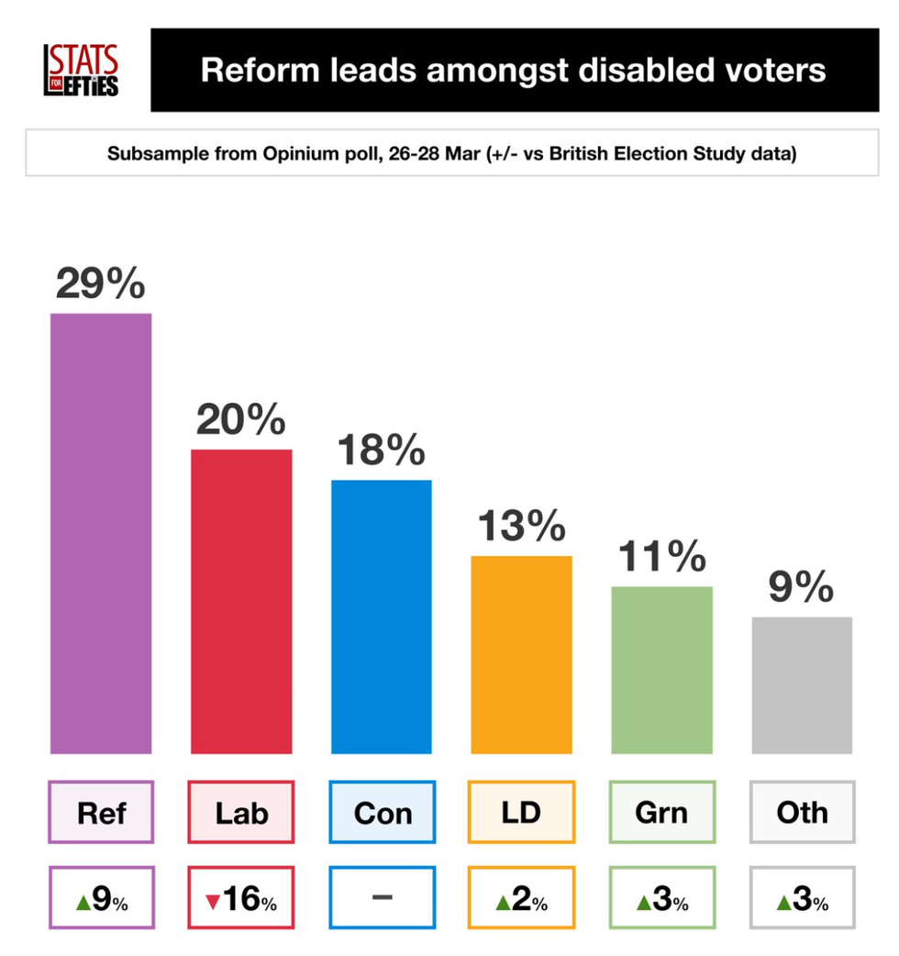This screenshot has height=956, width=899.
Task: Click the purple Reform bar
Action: point(101,533)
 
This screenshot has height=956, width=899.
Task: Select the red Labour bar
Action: point(241,601)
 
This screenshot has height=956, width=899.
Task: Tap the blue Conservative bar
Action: point(382,617)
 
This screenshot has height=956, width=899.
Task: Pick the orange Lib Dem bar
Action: point(521,654)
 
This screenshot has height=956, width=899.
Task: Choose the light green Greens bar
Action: point(661,670)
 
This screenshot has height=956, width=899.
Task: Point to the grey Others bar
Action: point(802,684)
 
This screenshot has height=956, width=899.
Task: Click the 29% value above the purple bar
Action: point(101,284)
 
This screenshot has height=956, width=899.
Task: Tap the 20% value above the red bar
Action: point(241,421)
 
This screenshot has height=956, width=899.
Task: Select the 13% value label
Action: point(521,528)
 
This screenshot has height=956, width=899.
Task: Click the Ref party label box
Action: point(101,812)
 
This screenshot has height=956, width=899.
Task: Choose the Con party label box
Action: point(382,812)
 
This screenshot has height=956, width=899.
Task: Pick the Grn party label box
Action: point(661,812)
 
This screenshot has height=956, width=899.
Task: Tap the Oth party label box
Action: point(802,812)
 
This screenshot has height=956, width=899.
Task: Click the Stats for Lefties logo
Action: point(82,71)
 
